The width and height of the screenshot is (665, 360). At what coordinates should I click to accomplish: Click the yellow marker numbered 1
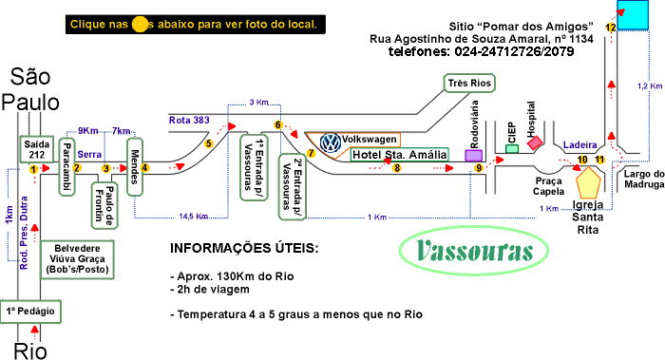pyautogui.click(x=33, y=169)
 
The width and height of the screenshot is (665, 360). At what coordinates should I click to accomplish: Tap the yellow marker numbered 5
pyautogui.click(x=208, y=143)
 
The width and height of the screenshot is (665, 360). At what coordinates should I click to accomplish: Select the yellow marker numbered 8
pyautogui.click(x=397, y=168)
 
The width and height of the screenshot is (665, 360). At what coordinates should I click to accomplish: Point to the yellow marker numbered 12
pyautogui.click(x=610, y=29)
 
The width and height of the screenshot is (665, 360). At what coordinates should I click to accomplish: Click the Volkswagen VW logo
pyautogui.click(x=331, y=142)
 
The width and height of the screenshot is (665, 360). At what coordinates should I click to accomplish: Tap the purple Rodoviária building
pyautogui.click(x=473, y=155)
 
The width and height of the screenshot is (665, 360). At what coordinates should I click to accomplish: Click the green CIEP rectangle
pyautogui.click(x=512, y=146)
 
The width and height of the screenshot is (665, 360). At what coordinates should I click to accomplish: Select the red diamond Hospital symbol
pyautogui.click(x=535, y=142)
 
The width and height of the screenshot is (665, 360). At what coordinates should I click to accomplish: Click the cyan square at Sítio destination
pyautogui.click(x=632, y=13)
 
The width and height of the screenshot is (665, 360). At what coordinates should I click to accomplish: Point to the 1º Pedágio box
pyautogui.click(x=33, y=311)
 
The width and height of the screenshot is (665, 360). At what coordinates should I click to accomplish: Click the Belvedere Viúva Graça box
pyautogui.click(x=77, y=257)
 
